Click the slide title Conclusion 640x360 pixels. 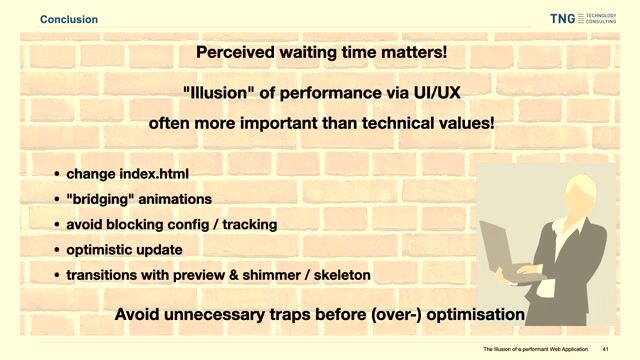coord(69,19)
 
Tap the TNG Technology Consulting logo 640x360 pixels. coord(583,18)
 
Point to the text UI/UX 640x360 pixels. coord(430,95)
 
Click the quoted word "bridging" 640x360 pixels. coord(100,199)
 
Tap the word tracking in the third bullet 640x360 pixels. coord(246,224)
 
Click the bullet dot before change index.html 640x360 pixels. coord(56,175)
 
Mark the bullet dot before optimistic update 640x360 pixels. coord(56,250)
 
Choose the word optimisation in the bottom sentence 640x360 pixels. coord(474,314)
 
